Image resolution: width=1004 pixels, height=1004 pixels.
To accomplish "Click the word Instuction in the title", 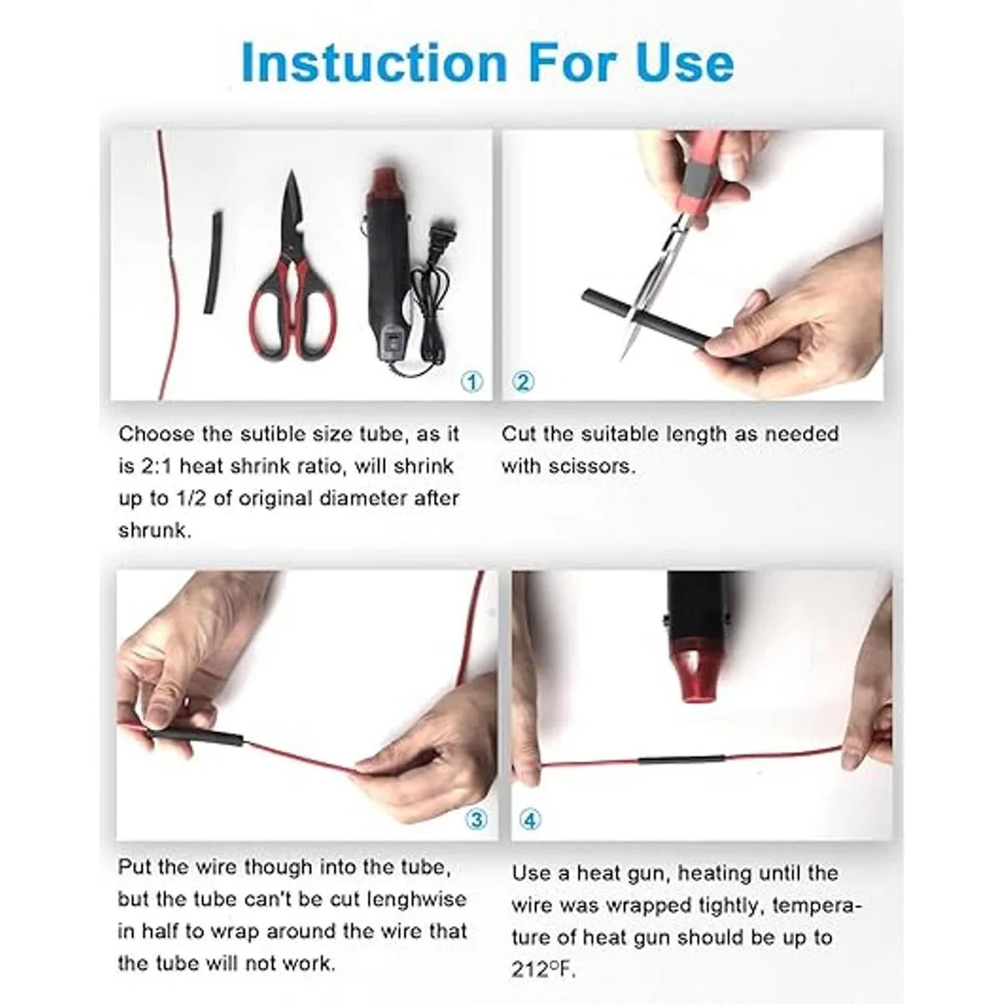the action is tap(374, 63).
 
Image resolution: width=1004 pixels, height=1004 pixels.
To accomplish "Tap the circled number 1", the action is tap(472, 382).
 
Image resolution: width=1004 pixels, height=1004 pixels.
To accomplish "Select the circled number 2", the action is tap(523, 382).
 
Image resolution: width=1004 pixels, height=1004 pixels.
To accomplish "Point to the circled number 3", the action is tap(476, 820).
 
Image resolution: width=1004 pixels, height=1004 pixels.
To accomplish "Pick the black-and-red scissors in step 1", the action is tap(293, 271).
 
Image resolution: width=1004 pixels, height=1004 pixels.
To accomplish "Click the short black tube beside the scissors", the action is tap(212, 262).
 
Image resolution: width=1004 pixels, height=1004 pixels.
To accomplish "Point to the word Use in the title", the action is tap(685, 63).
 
